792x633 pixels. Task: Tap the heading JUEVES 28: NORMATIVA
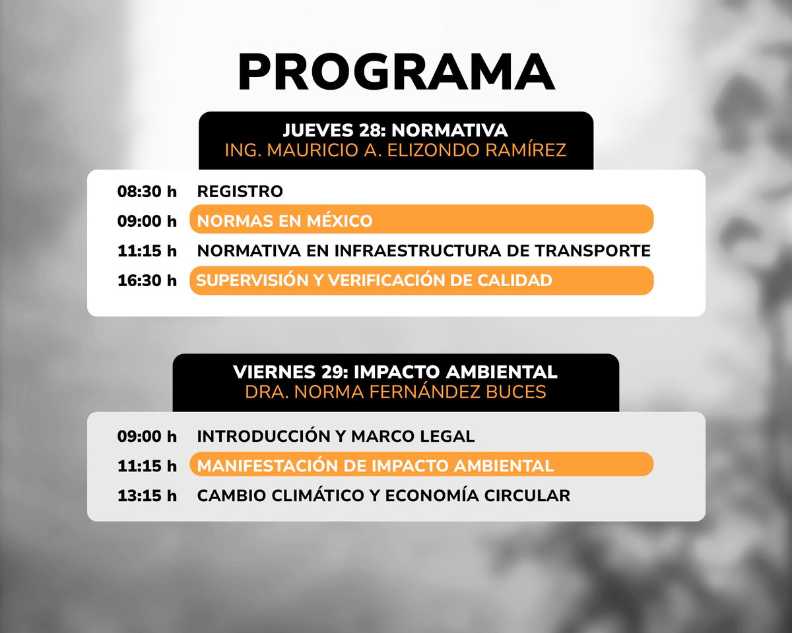[395, 131]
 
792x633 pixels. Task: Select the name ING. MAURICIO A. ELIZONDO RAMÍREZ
[395, 150]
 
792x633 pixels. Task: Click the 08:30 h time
[147, 192]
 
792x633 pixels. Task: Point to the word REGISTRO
[240, 192]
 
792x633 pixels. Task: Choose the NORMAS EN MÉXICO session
[284, 220]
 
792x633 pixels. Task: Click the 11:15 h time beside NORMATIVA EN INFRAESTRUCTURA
[147, 251]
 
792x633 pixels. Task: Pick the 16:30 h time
[147, 280]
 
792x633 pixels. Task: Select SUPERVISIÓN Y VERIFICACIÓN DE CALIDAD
[374, 280]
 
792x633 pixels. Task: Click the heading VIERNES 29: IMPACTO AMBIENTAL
[395, 372]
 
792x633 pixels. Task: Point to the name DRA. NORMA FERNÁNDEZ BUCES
[395, 392]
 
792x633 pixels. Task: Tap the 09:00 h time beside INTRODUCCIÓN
[147, 436]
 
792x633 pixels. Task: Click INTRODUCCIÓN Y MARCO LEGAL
[336, 436]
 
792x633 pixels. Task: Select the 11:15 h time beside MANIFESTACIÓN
[147, 466]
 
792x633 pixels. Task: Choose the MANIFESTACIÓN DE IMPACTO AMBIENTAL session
[375, 466]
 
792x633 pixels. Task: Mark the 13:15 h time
[147, 495]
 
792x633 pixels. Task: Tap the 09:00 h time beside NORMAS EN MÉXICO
[147, 220]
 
